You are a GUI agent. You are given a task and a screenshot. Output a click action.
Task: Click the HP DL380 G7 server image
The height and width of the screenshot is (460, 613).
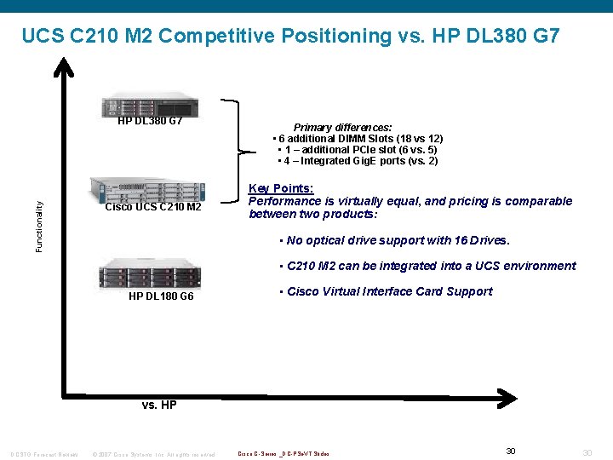[x=150, y=105]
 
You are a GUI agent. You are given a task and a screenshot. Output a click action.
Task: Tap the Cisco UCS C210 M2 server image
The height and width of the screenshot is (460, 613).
[x=149, y=190]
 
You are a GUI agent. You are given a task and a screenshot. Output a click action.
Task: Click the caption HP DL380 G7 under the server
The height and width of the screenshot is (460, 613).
[x=150, y=121]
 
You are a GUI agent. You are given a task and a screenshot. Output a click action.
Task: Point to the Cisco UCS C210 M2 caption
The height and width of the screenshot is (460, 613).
[x=153, y=208]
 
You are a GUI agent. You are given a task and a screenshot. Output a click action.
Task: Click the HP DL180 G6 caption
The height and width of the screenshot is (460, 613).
[x=161, y=296]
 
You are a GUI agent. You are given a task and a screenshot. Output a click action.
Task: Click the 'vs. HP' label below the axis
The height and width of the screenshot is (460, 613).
[x=159, y=405]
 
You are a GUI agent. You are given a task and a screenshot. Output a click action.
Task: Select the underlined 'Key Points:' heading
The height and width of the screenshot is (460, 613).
[x=281, y=188]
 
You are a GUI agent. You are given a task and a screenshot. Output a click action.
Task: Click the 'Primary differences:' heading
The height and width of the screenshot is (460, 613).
[x=343, y=127]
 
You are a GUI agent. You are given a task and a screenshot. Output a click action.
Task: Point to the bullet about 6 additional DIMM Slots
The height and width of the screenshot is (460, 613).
[x=358, y=139]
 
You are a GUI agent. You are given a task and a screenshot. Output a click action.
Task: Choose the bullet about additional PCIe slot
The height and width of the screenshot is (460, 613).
[x=358, y=150]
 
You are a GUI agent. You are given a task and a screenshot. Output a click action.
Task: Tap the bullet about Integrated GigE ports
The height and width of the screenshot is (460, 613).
[x=358, y=161]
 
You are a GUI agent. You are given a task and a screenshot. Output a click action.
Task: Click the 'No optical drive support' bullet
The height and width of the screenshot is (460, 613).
[x=394, y=240]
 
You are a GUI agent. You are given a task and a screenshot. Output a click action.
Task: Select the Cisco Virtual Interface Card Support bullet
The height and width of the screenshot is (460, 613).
[x=385, y=291]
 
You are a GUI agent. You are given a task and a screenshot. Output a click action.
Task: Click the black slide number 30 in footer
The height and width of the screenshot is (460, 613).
[x=511, y=451]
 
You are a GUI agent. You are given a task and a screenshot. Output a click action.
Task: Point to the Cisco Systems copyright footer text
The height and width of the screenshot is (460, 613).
[x=153, y=453]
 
